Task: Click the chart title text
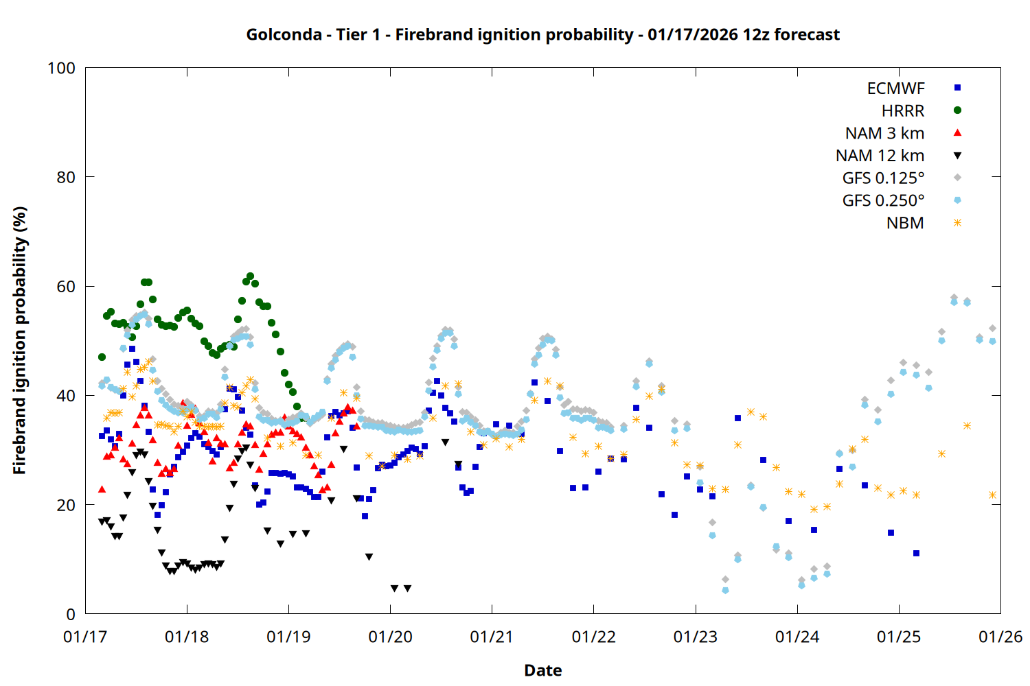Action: pyautogui.click(x=542, y=34)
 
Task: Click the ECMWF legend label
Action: pyautogui.click(x=895, y=88)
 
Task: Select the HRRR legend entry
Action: pyautogui.click(x=903, y=111)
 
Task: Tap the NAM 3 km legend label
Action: pyautogui.click(x=884, y=134)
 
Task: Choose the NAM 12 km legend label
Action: pyautogui.click(x=880, y=156)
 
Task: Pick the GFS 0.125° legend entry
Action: pyautogui.click(x=883, y=178)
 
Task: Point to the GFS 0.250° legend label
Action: pyautogui.click(x=883, y=201)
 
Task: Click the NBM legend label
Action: pyautogui.click(x=905, y=224)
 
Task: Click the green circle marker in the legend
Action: pyautogui.click(x=957, y=110)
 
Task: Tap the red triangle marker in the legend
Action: pyautogui.click(x=957, y=133)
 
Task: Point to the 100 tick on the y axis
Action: pyautogui.click(x=61, y=69)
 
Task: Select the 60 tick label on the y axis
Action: pyautogui.click(x=66, y=287)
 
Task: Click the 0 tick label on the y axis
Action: pyautogui.click(x=71, y=615)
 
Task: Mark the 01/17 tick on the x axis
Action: pyautogui.click(x=85, y=637)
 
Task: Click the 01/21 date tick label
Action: pyautogui.click(x=492, y=637)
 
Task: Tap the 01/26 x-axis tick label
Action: pyautogui.click(x=1000, y=637)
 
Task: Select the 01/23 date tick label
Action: pyautogui.click(x=696, y=637)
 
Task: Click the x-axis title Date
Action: pyautogui.click(x=542, y=670)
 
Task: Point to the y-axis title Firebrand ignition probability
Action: pyautogui.click(x=20, y=341)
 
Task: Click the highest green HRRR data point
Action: pyautogui.click(x=250, y=276)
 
